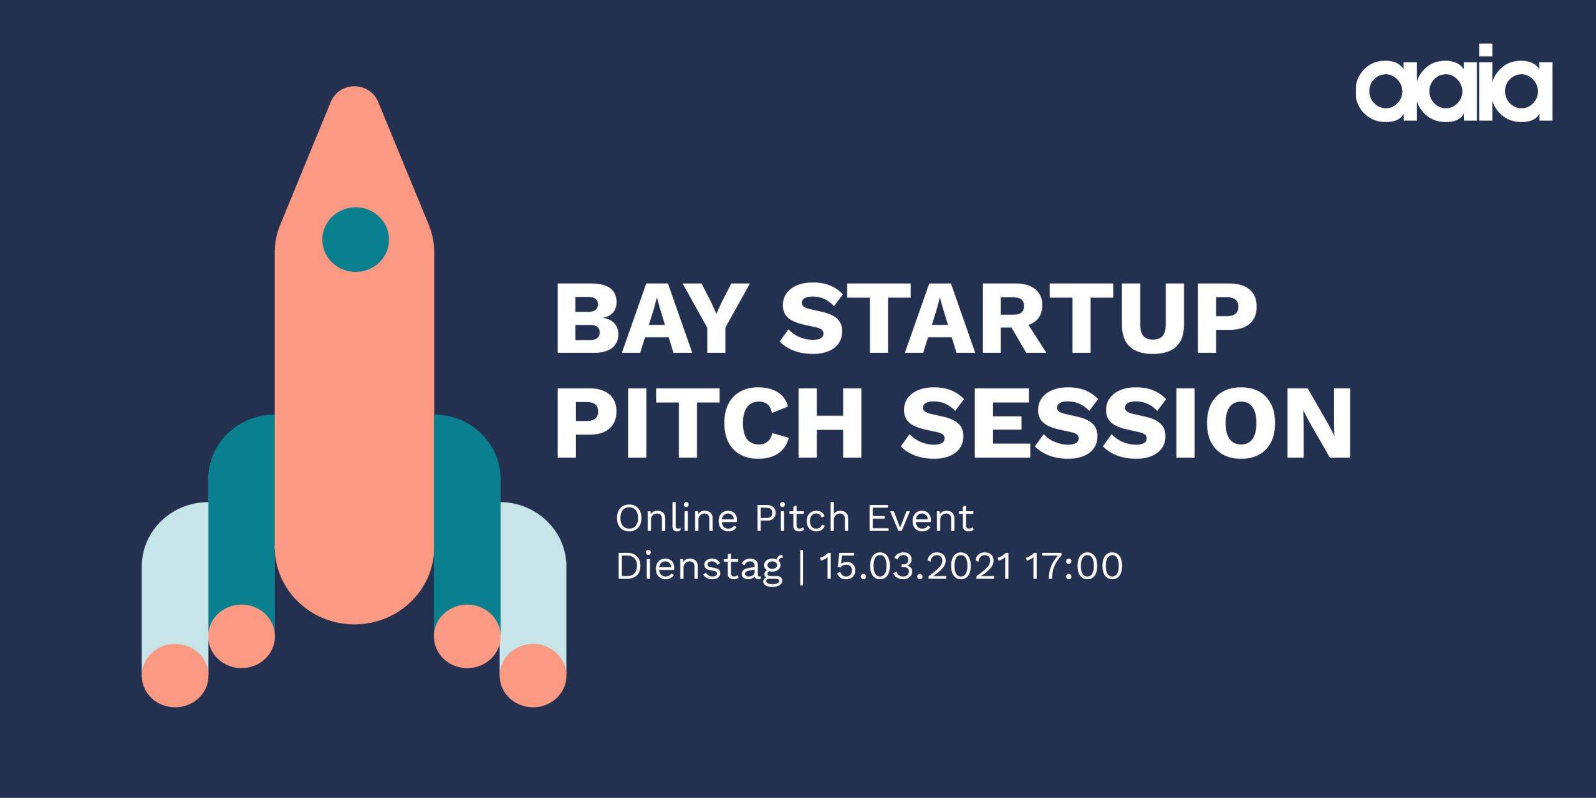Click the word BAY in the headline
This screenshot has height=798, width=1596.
click(645, 319)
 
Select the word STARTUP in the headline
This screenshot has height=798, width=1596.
click(1017, 319)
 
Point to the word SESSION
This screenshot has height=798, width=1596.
click(1126, 424)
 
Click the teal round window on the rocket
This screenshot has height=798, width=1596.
click(355, 239)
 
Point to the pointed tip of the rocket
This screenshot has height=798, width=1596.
click(355, 87)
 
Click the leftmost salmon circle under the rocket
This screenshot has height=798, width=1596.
click(175, 676)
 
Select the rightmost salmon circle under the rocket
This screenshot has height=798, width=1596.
click(533, 676)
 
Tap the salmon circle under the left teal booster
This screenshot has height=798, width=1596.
click(242, 636)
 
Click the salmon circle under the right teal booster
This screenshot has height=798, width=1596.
click(467, 636)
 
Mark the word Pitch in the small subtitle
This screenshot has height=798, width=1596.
click(802, 518)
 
